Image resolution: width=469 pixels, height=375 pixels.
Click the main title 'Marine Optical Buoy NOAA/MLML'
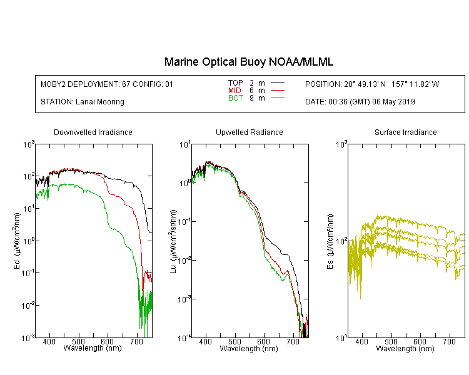pos(248,62)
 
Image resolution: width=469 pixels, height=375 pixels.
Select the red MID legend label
pos(234,91)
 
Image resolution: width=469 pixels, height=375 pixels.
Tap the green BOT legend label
pos(235,98)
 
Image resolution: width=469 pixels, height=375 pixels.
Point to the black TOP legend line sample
pos(277,83)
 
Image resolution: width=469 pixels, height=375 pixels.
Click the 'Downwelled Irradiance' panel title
pos(93,132)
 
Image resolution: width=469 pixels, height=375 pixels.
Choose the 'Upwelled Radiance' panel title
pos(249,132)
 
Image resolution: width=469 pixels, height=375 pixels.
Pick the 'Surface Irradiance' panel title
pos(406,132)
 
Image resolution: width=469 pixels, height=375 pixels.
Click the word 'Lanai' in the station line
pos(84,102)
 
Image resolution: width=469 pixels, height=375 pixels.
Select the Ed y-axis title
pos(17,241)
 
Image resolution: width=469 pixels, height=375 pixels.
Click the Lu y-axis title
pos(173,241)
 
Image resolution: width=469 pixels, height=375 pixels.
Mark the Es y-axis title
pos(330,241)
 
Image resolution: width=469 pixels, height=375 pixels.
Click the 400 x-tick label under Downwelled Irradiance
pos(49,341)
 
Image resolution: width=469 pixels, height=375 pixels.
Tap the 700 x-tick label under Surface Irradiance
pos(449,341)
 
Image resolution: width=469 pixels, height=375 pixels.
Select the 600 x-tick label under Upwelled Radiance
pos(263,341)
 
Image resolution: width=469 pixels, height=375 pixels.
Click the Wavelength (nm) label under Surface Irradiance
pos(405,349)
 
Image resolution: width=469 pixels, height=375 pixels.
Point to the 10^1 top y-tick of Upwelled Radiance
pos(185,145)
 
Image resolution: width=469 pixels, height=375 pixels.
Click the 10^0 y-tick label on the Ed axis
pos(29,241)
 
